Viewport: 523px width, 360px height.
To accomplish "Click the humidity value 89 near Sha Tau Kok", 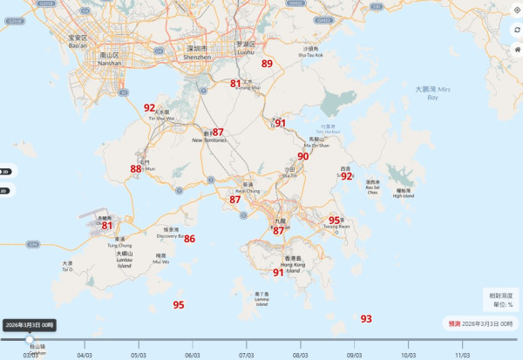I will (267, 64).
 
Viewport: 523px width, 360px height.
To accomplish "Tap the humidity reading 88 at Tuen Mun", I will (136, 169).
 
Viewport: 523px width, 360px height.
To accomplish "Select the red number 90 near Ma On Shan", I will (303, 156).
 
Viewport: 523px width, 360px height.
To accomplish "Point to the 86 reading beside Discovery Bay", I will (189, 238).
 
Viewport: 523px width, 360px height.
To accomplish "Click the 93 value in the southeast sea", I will (366, 319).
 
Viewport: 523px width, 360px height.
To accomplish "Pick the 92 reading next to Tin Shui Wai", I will (149, 107).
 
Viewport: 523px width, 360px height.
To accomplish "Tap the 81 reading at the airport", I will (108, 225).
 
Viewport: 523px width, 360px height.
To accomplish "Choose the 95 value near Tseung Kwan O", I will (334, 220).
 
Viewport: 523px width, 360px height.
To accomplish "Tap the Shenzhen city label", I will (199, 51).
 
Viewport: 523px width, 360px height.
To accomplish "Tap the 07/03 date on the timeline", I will (247, 355).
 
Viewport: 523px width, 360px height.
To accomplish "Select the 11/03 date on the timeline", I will (462, 355).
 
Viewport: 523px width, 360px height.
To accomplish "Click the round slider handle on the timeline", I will (31, 340).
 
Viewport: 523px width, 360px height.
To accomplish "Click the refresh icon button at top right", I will (518, 29).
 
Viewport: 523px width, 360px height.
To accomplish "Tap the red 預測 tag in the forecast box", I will (454, 323).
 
